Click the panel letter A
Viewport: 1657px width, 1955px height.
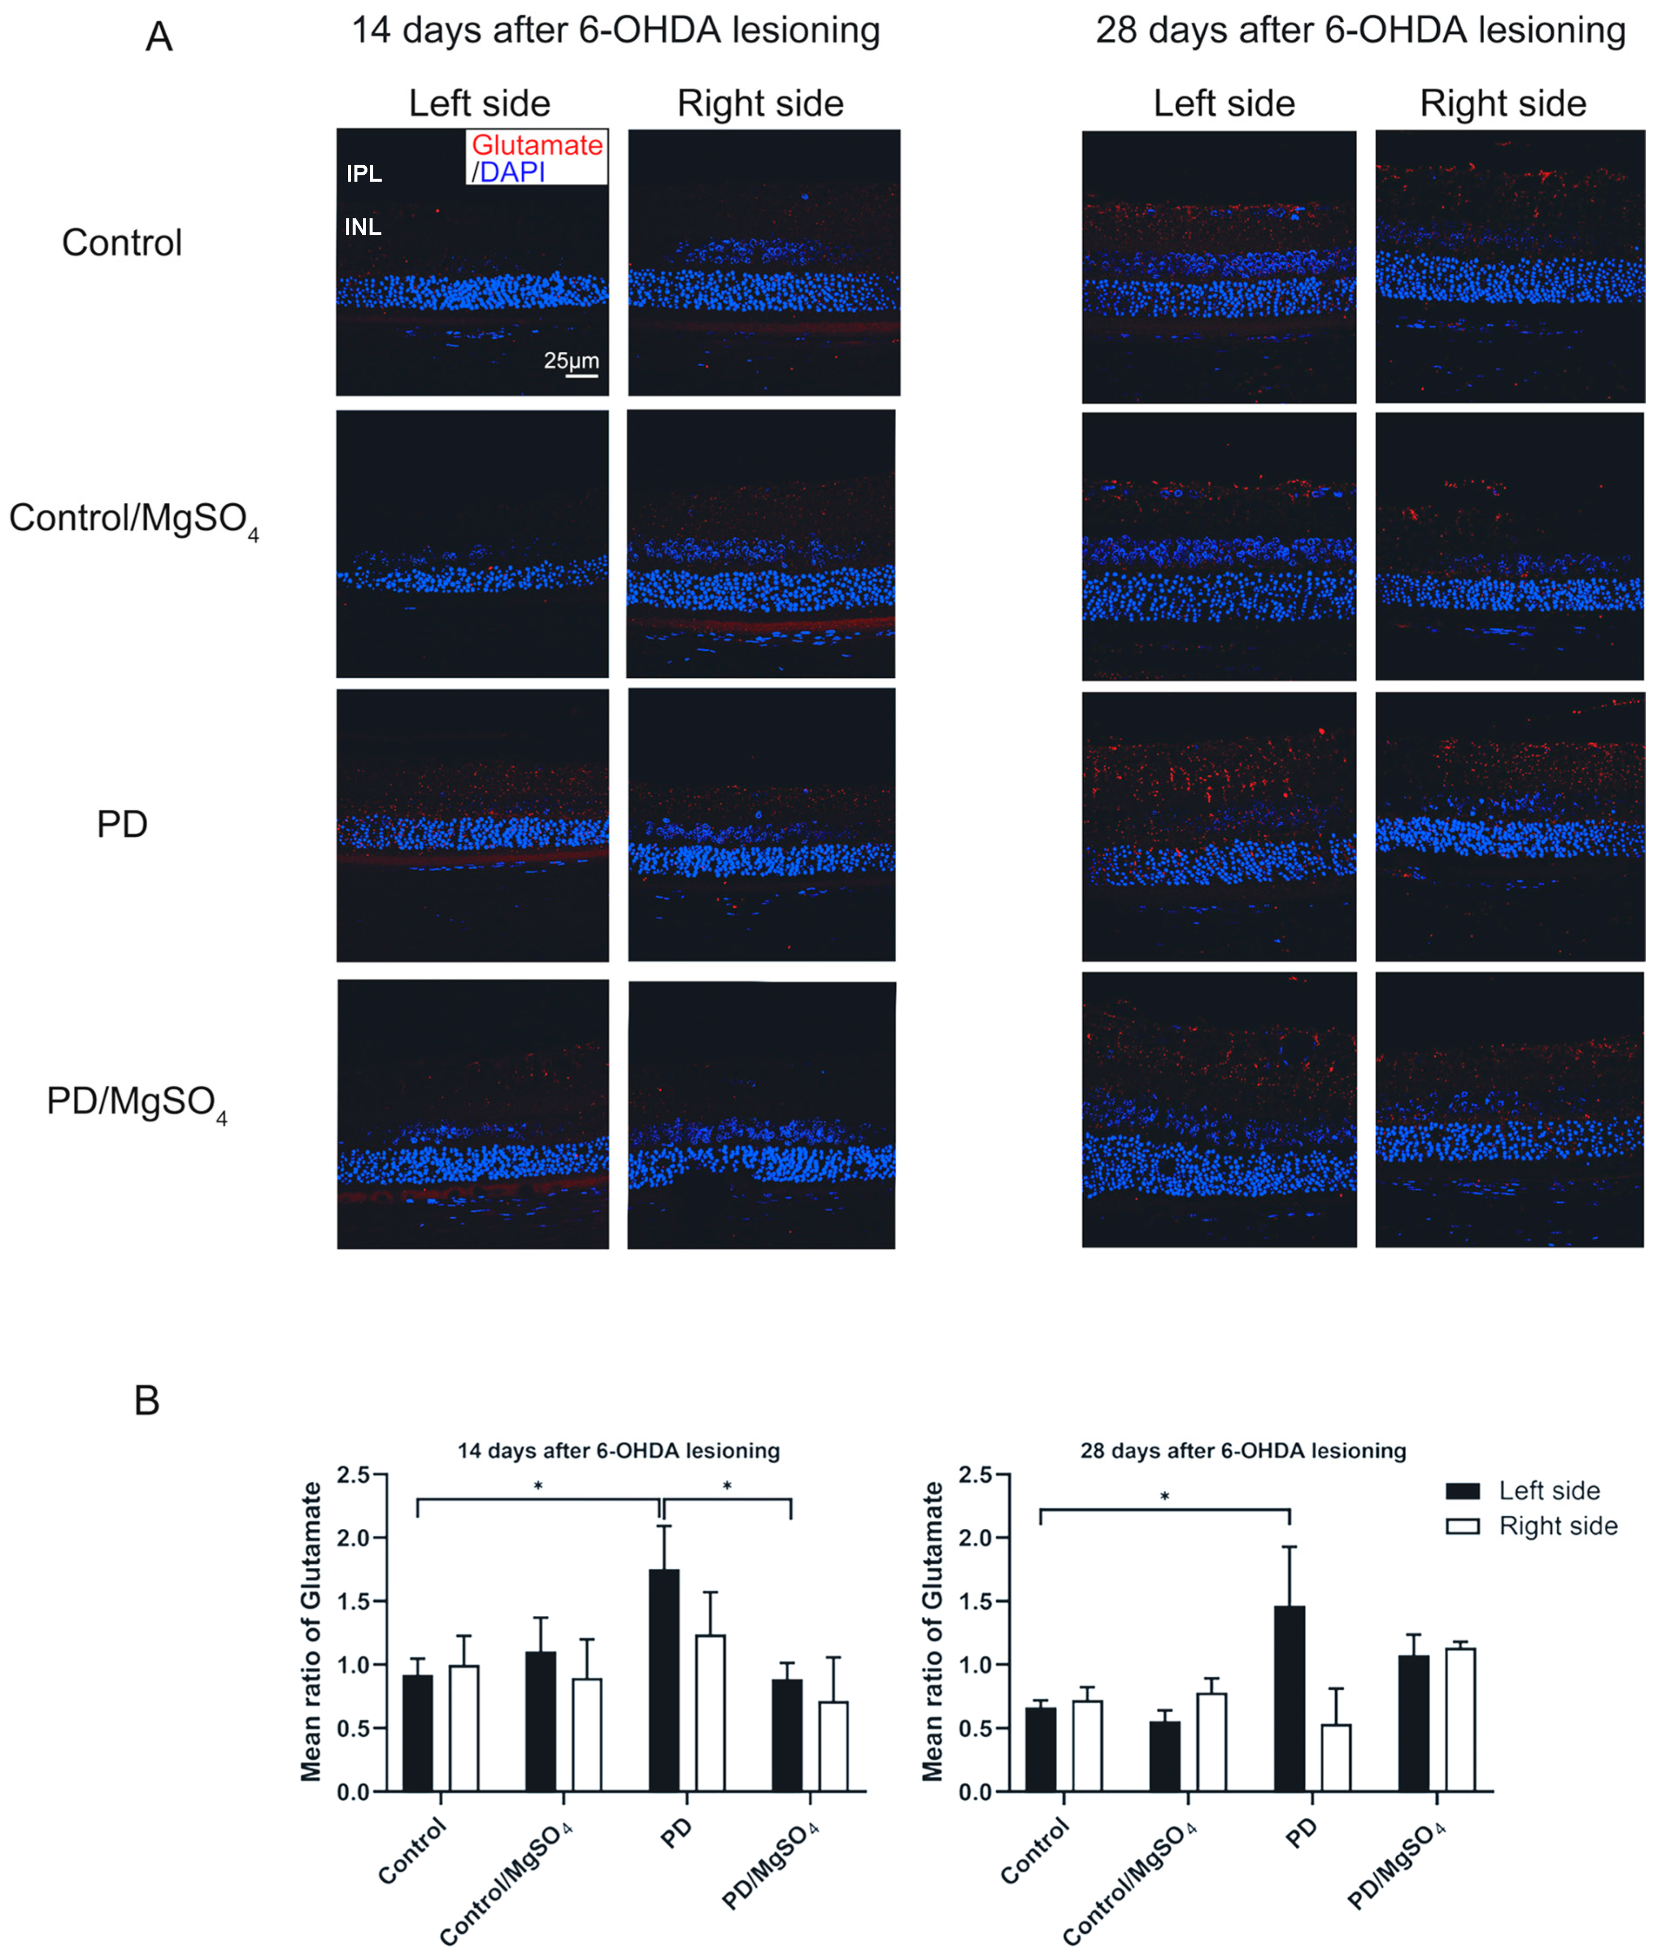click(159, 38)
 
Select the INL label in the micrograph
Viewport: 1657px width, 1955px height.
click(363, 227)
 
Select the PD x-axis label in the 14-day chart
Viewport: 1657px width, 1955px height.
click(676, 1832)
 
